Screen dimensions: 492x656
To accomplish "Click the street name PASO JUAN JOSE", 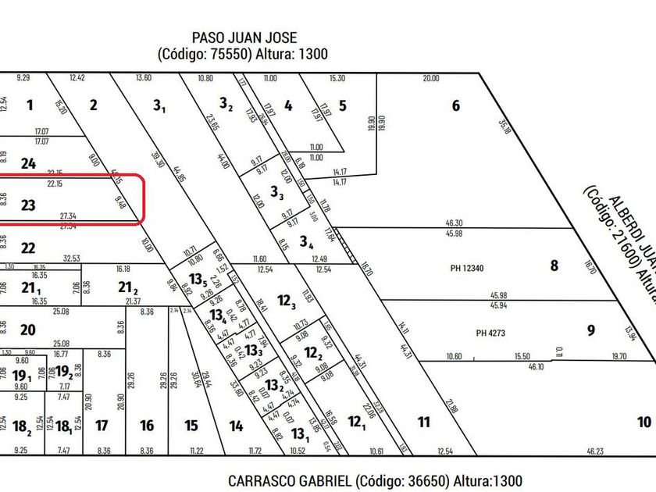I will pyautogui.click(x=244, y=37).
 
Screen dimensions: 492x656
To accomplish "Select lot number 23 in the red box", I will pyautogui.click(x=28, y=205).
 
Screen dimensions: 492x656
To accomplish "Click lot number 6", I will pyautogui.click(x=456, y=106).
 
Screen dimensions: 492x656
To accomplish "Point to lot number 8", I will pyautogui.click(x=554, y=265).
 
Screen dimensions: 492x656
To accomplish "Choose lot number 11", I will pyautogui.click(x=423, y=422).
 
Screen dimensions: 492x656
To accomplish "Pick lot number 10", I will pyautogui.click(x=644, y=422).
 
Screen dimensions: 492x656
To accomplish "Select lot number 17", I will pyautogui.click(x=101, y=426).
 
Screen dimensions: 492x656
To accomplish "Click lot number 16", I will pyautogui.click(x=147, y=426).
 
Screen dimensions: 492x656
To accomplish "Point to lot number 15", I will pyautogui.click(x=191, y=426).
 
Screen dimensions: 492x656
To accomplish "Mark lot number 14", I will pyautogui.click(x=236, y=426).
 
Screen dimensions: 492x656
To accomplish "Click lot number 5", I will pyautogui.click(x=343, y=106).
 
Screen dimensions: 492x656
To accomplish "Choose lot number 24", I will pyautogui.click(x=28, y=163).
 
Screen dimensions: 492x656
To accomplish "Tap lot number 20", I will pyautogui.click(x=28, y=330).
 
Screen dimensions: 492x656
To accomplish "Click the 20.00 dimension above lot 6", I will pyautogui.click(x=430, y=78).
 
